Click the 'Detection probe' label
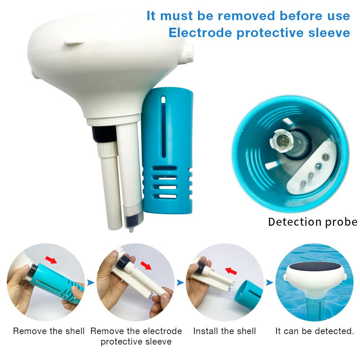coord(312,222)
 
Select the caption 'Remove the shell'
coord(49,331)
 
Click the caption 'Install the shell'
coord(225,331)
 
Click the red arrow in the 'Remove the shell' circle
coord(51,260)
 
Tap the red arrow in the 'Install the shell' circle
coord(231,270)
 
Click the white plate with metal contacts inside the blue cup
coord(313,166)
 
